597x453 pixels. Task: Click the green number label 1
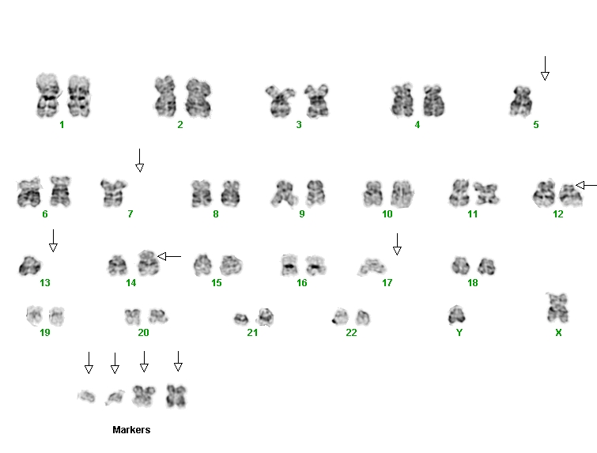tap(62, 124)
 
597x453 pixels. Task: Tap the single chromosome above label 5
tap(521, 101)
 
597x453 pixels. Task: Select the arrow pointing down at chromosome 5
tap(545, 69)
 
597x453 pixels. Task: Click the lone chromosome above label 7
tap(113, 193)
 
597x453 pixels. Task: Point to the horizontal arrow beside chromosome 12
tap(587, 185)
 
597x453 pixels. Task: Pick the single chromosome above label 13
tap(30, 266)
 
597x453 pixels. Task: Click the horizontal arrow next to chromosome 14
tap(169, 257)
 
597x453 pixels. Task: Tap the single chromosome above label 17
tap(372, 266)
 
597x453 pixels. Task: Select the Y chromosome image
tap(456, 315)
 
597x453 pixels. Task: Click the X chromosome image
tap(557, 308)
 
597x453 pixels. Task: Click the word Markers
tap(131, 430)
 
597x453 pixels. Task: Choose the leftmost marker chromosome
tap(86, 396)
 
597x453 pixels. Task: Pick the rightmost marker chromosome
tap(176, 396)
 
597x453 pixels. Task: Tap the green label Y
tap(459, 333)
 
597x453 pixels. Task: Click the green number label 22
tap(351, 333)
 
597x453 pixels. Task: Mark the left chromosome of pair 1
tap(48, 96)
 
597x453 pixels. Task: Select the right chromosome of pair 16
tap(315, 266)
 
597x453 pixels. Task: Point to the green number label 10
tap(387, 214)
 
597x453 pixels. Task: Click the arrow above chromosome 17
tap(397, 244)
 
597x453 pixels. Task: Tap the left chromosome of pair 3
tap(280, 101)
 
